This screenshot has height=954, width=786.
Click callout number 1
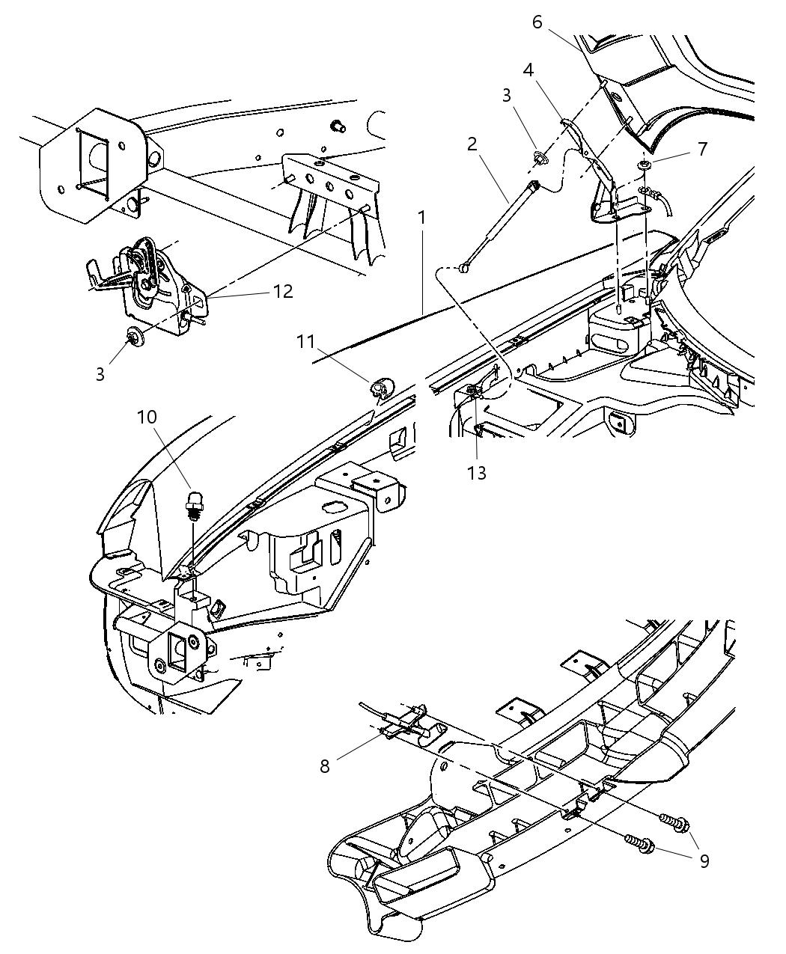422,218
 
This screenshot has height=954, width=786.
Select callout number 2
472,144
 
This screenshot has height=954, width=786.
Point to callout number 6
537,22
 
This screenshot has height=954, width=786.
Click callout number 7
701,149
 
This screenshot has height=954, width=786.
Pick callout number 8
325,767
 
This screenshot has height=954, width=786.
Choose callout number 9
704,860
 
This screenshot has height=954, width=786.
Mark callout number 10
147,415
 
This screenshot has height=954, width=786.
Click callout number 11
305,341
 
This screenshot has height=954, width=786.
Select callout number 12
284,291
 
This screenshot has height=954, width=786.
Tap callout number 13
477,472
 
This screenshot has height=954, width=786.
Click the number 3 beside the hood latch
100,373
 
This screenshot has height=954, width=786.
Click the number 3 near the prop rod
508,96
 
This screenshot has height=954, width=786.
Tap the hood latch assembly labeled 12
153,281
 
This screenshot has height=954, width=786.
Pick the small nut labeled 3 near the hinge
538,158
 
